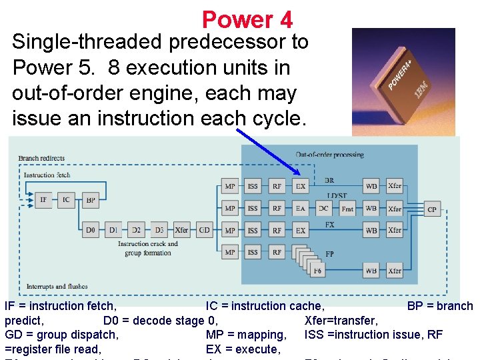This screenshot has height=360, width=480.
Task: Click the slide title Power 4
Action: (x=247, y=19)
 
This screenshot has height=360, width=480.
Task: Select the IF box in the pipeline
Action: (x=43, y=199)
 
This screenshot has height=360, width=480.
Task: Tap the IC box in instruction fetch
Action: (x=66, y=199)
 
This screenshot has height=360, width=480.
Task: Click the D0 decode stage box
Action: (x=91, y=230)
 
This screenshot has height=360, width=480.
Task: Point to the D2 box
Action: (x=136, y=230)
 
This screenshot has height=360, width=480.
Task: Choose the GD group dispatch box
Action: (x=205, y=230)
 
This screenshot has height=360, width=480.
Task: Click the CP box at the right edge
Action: (x=432, y=209)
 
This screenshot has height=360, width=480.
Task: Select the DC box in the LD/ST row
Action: (x=323, y=209)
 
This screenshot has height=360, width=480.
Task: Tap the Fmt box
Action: (x=347, y=209)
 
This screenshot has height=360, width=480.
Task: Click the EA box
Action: (x=301, y=209)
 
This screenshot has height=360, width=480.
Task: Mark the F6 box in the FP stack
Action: (x=317, y=271)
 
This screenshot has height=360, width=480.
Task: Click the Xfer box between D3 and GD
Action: (x=181, y=230)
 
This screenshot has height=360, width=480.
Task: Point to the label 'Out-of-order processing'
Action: (x=330, y=155)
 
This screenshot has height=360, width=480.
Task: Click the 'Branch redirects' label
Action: (x=41, y=158)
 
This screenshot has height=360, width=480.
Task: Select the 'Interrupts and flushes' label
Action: (x=57, y=287)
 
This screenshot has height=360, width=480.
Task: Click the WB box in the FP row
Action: (x=371, y=271)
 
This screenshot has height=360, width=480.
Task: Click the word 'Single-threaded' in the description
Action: (x=87, y=42)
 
